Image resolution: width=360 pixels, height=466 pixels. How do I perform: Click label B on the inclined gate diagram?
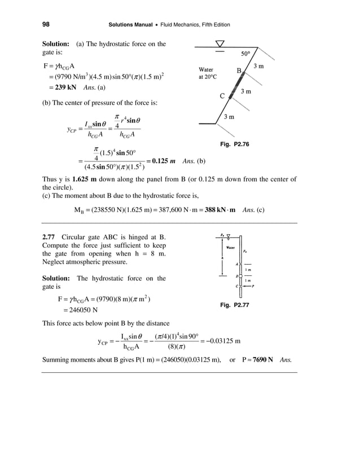point(239,71)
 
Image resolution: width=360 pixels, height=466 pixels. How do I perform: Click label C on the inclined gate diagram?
point(222,95)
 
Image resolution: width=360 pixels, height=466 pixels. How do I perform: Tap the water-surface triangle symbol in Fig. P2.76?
point(220,44)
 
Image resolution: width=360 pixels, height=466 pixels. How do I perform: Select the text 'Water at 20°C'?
point(207,74)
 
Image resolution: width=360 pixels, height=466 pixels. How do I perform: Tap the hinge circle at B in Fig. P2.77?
point(240,276)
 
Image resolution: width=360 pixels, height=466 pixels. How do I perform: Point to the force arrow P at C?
point(249,286)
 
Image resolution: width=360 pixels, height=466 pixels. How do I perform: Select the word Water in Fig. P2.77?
point(230,247)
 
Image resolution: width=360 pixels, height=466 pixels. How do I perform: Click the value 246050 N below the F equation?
point(78,310)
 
